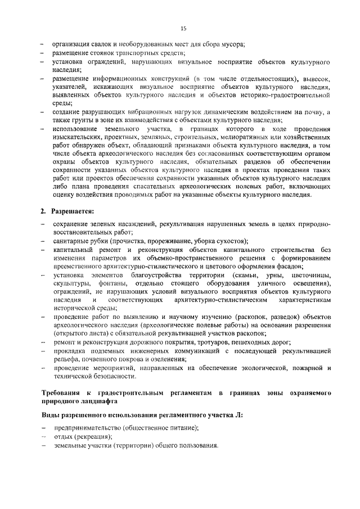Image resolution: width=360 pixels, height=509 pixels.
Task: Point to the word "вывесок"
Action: (316, 77)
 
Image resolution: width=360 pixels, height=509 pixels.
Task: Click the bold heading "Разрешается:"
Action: (71, 211)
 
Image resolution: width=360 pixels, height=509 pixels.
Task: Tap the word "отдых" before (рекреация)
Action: (61, 437)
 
